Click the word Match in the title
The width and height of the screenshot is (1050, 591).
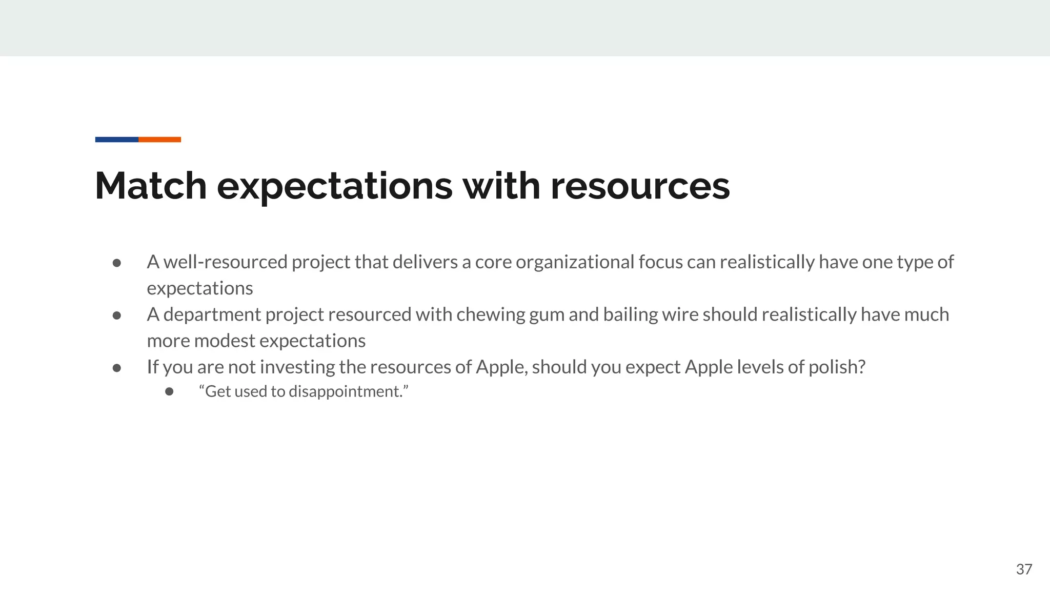pos(151,186)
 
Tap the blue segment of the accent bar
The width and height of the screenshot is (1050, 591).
pos(116,140)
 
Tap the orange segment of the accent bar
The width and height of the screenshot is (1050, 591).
pos(159,140)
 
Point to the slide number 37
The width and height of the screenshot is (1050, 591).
pos(1024,569)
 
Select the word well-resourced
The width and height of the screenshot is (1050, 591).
pos(225,262)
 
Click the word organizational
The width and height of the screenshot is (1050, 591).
pos(575,262)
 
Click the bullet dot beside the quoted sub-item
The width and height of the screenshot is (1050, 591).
pos(169,392)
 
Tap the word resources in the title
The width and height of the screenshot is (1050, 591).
pos(640,186)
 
